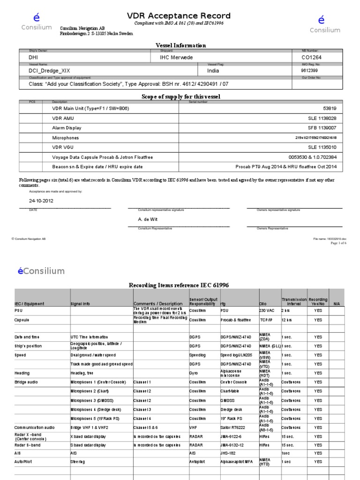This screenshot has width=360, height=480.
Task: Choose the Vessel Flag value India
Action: [217, 70]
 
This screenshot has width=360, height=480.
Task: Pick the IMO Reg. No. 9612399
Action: [312, 70]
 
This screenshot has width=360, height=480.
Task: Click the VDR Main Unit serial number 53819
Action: [330, 108]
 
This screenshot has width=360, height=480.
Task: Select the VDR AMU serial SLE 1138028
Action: [322, 118]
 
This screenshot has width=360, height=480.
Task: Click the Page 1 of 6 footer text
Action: [338, 243]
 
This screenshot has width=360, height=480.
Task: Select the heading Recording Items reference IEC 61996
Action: [179, 285]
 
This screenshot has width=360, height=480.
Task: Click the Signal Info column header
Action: [84, 304]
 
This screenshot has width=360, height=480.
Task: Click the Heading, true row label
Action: [85, 373]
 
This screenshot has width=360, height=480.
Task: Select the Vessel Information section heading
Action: [180, 45]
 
